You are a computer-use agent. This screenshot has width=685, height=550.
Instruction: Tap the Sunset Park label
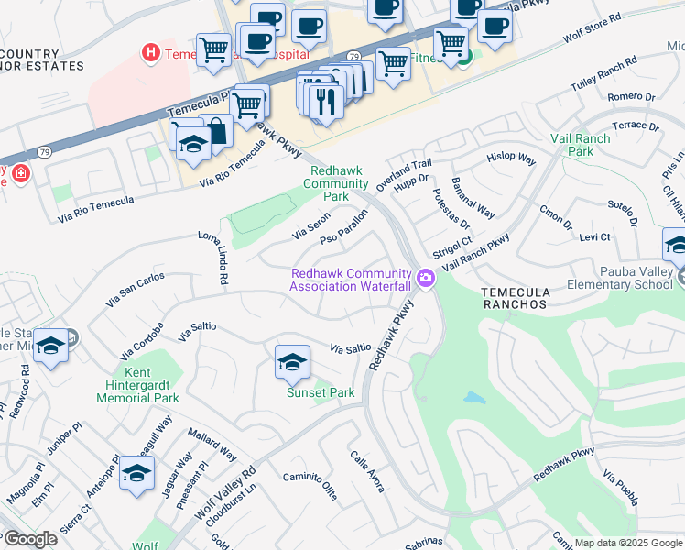coord(321,393)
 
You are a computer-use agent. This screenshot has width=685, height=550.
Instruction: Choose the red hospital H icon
coord(150,53)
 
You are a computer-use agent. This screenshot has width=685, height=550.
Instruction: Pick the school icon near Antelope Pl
coord(136,472)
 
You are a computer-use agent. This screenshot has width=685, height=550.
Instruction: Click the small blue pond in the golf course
coord(473,398)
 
